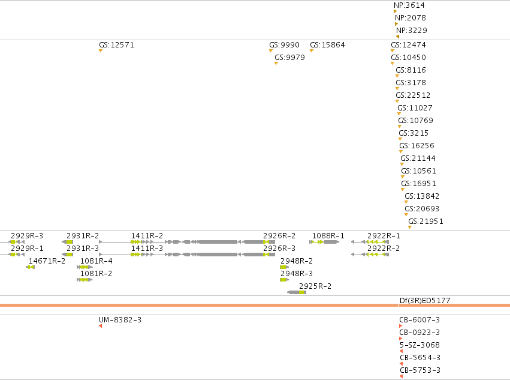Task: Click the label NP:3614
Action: [x=409, y=5]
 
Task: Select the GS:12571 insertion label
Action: [x=116, y=44]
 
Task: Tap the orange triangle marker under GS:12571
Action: [x=101, y=51]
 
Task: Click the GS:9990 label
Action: [x=284, y=44]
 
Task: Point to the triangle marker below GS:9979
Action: [x=276, y=64]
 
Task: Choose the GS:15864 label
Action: [x=327, y=44]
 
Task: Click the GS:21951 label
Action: [x=425, y=222]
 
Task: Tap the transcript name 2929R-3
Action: [x=27, y=236]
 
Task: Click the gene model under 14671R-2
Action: [x=30, y=267]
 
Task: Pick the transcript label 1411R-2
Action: [x=147, y=236]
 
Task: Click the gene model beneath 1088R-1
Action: [x=324, y=242]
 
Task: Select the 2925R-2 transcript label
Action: [x=315, y=286]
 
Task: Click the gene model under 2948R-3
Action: [x=284, y=280]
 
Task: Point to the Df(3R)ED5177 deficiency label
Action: [x=425, y=301]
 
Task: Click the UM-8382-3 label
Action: [x=120, y=320]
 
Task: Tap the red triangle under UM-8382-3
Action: [x=101, y=326]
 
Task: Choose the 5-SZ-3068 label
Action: [x=420, y=345]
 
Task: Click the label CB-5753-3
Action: [x=420, y=370]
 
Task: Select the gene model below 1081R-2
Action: [x=85, y=280]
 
